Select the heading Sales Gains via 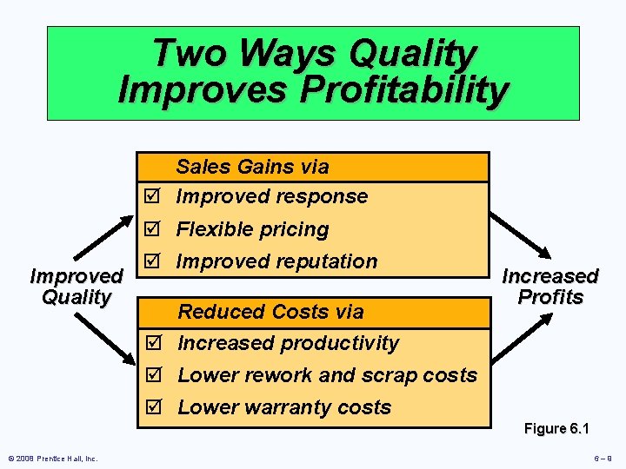tap(252, 167)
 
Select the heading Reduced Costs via tap(270, 312)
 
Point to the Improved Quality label tap(77, 287)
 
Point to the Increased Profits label tap(550, 287)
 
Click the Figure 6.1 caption tap(556, 429)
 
